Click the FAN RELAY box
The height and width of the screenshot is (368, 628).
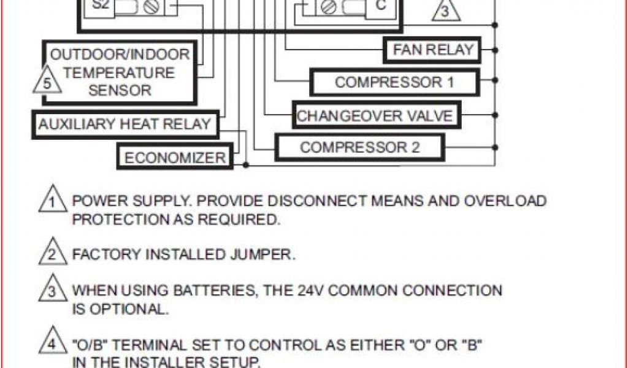433,50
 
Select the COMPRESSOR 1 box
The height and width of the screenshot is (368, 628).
394,83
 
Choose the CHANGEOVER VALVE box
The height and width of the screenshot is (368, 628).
375,116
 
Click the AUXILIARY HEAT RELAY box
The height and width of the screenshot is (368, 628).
124,125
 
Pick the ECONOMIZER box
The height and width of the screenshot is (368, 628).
175,158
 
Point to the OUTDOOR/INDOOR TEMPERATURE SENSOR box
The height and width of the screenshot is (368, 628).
121,72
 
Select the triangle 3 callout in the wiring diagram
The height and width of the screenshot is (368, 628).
445,12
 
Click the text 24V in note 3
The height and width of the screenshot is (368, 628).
335,290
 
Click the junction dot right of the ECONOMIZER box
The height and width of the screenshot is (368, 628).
245,164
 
